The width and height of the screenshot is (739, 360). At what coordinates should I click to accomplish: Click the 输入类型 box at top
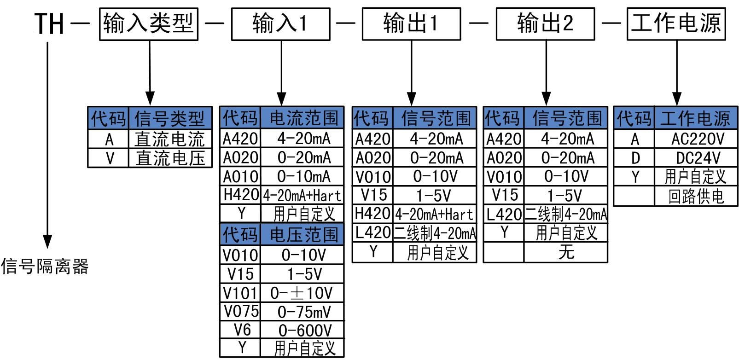149,23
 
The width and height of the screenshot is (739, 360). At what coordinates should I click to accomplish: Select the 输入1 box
280,23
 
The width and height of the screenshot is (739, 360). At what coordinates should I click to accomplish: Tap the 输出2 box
545,23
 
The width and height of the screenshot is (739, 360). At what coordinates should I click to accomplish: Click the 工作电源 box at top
676,23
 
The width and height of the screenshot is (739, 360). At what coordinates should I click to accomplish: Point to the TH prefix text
49,23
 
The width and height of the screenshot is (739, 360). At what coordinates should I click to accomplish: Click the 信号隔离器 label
45,267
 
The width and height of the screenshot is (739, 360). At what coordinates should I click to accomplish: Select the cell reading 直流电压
170,158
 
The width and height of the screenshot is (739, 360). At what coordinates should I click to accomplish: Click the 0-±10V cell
302,293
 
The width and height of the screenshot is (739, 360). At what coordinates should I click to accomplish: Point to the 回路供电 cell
696,197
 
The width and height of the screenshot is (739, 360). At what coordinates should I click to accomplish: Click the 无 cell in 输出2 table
566,252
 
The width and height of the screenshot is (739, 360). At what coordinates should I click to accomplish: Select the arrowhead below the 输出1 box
412,99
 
